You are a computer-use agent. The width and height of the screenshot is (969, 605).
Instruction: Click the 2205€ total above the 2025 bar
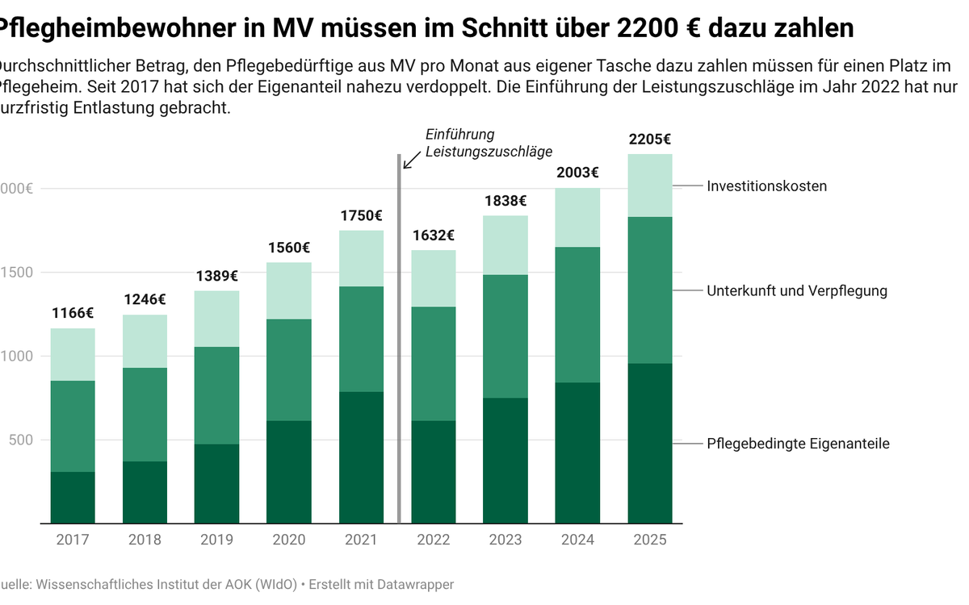pos(650,140)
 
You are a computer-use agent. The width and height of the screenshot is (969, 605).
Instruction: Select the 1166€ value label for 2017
pos(73,313)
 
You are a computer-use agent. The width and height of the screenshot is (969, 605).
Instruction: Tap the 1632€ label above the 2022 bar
pos(434,236)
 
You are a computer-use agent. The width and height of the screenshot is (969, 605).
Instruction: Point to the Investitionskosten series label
pos(766,186)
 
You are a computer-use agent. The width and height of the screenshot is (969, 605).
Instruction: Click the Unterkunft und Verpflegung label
pos(796,290)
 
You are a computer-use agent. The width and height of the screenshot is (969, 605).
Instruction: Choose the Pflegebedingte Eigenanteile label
pos(798,444)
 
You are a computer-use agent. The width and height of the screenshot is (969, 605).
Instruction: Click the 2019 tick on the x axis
pos(217,540)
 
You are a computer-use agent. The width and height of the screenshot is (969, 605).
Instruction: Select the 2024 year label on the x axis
pos(578,540)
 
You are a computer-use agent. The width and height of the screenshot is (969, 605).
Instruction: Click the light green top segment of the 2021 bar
pos(362,258)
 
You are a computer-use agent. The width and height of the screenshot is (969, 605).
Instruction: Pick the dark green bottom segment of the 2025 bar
pos(650,444)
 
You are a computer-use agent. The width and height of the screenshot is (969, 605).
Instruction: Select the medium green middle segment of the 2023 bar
pos(506,336)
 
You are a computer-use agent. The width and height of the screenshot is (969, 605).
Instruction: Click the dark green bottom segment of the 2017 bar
pos(73,497)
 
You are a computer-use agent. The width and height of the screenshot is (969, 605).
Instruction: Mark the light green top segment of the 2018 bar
pos(145,341)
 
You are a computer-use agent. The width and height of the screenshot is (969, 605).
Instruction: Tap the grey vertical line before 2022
pos(400,339)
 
